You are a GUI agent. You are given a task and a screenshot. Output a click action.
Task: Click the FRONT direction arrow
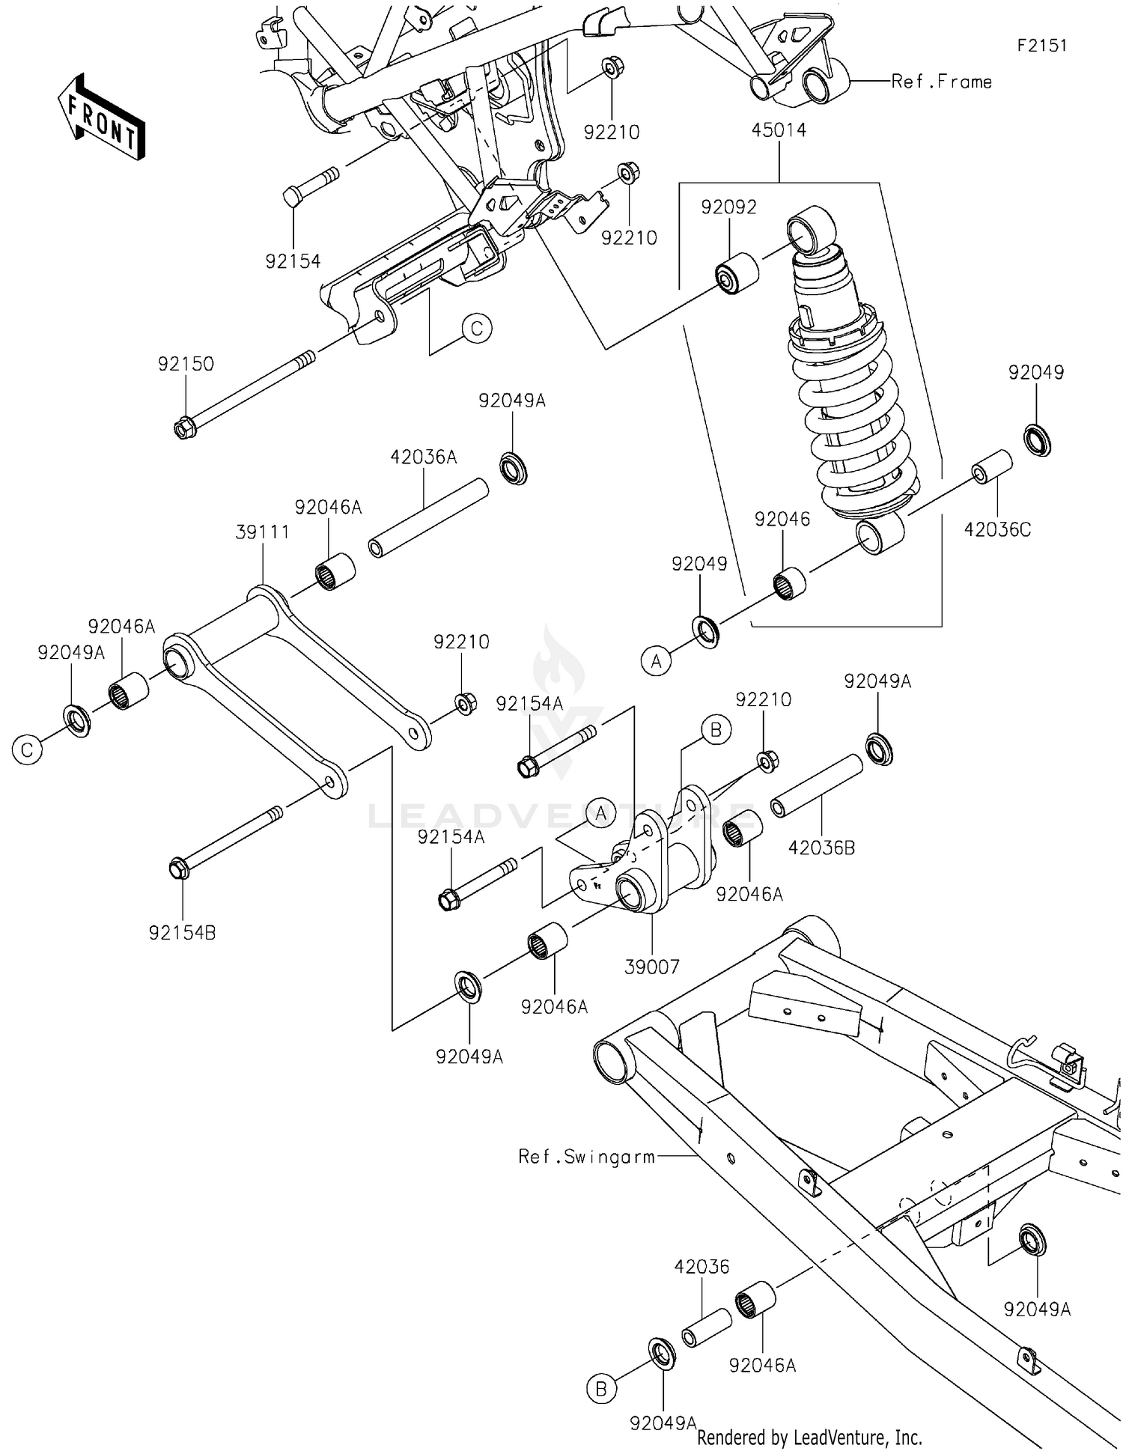pos(101,117)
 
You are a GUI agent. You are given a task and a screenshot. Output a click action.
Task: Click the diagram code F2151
pos(1041,46)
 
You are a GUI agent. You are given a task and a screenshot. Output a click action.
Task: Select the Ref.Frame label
pos(941,82)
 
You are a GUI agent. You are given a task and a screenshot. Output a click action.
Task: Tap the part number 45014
pos(779,130)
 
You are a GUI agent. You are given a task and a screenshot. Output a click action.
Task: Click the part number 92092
pos(728,207)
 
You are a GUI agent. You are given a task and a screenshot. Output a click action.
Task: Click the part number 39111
pos(262,532)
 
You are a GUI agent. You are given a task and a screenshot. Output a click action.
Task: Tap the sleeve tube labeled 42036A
pos(428,519)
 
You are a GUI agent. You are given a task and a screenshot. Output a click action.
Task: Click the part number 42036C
pos(997,530)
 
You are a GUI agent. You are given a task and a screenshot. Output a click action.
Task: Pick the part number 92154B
pos(182,933)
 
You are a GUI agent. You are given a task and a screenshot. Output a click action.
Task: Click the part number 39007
pos(651,967)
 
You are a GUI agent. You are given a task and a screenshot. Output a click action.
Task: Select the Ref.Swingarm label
pos(586,1157)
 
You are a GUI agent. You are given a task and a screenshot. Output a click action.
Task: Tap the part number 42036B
pos(821,848)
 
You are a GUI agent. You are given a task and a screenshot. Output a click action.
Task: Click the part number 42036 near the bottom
pos(701,1267)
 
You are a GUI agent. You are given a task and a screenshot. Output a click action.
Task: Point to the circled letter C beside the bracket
pos(477,328)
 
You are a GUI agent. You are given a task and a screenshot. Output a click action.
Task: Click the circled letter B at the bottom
pos(600,1390)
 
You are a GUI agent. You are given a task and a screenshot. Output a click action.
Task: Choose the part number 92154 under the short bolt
pos(293,261)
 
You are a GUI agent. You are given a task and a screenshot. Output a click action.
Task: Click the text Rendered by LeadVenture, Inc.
pos(809,1438)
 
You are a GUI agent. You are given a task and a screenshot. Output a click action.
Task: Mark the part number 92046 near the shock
pos(782,519)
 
